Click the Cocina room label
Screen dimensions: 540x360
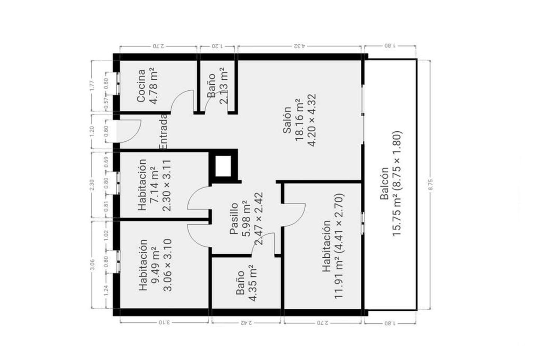[141, 85]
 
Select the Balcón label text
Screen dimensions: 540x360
[384, 183]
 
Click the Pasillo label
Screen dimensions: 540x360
[234, 219]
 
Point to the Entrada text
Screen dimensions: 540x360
[163, 132]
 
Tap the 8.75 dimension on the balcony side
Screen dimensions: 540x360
[431, 185]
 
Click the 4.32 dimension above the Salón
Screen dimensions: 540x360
[300, 46]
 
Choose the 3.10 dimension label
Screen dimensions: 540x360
[164, 322]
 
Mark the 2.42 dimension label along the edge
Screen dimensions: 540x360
[246, 322]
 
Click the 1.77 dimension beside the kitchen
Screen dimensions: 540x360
[91, 85]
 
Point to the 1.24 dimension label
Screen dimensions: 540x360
[106, 291]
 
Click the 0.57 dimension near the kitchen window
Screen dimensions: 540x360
[106, 103]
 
